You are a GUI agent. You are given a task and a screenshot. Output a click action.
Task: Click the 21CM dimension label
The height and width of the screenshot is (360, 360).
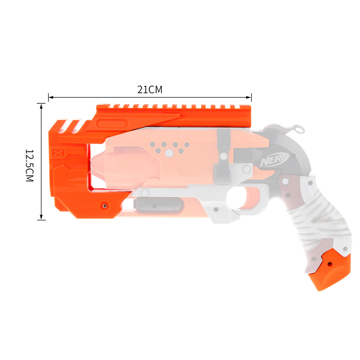click(150, 90)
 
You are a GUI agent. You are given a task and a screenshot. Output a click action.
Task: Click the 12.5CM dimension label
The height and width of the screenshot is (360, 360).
click(30, 166)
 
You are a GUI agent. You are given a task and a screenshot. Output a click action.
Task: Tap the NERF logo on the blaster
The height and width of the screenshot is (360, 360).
click(275, 159)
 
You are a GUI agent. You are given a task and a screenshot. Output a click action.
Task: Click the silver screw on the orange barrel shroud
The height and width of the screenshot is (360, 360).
click(105, 206)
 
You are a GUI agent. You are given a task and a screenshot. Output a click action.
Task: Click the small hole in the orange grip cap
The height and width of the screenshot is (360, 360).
click(330, 264)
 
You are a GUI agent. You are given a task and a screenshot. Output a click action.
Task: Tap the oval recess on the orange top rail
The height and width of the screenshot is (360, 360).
click(112, 124)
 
